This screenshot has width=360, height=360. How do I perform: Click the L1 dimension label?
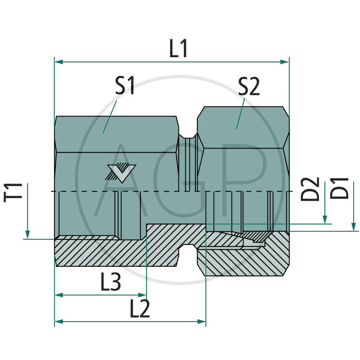tap(179, 49)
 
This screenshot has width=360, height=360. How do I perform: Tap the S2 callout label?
tap(249, 86)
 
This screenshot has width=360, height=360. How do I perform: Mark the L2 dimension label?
tap(139, 309)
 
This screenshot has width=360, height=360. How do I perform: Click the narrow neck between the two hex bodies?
tap(188, 162)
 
